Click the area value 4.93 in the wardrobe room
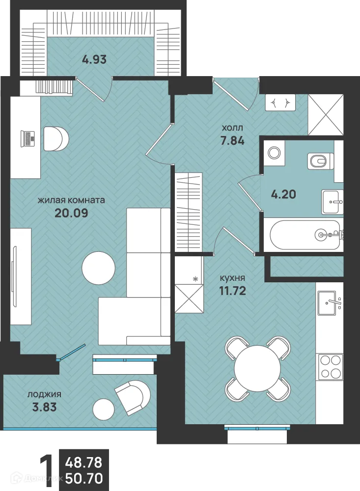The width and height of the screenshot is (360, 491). (x=94, y=60)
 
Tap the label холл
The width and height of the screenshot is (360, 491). (x=232, y=128)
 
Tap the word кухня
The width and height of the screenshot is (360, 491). (x=233, y=277)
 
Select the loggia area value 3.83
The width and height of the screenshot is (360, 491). (x=45, y=407)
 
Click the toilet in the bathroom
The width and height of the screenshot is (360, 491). (x=321, y=161)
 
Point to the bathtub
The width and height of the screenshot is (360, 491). (x=305, y=235)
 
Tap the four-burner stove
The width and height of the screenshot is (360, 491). (x=330, y=367)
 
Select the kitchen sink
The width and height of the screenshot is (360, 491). (x=330, y=303)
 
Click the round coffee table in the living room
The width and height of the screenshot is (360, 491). (x=98, y=267)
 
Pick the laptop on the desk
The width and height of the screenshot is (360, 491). (x=27, y=138)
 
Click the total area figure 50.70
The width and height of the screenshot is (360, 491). (x=83, y=478)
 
